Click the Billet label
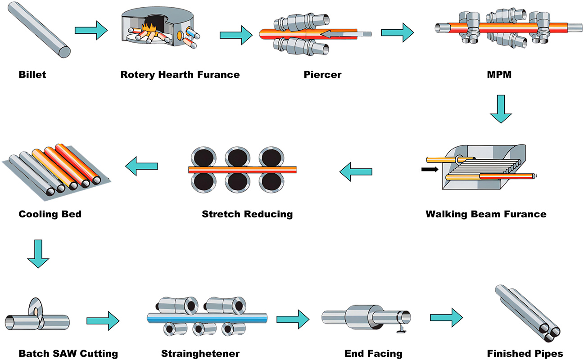point(32,75)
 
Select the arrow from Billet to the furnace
point(91,31)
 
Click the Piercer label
point(322,75)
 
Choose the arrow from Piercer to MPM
point(397,32)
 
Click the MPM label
point(500,75)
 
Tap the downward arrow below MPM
point(501,108)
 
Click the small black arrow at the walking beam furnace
point(430,170)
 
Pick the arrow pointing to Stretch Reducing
point(356,171)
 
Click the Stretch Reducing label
point(247,214)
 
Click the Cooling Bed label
point(50,214)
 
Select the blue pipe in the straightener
point(207,318)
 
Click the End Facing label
point(373,354)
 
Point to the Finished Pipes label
point(525,354)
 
